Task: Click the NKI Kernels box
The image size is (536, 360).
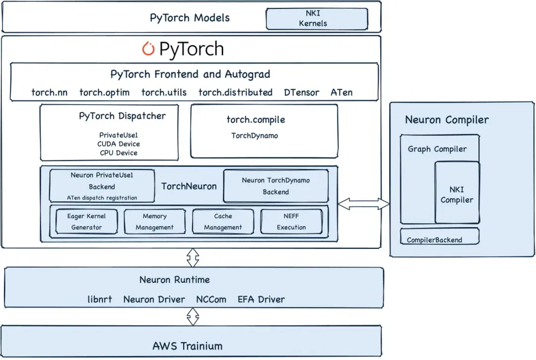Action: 317,19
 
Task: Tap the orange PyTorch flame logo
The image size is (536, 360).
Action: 148,49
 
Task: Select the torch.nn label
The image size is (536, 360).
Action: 49,92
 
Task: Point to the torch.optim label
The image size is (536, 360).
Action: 104,93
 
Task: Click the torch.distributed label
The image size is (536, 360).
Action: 235,92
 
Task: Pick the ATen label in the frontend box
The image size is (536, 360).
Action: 341,92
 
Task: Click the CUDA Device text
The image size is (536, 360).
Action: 119,144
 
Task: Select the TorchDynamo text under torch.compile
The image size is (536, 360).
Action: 255,135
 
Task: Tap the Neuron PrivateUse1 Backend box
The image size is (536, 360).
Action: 102,186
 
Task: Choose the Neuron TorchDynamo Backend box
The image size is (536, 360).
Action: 276,186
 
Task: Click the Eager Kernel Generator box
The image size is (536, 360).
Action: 86,221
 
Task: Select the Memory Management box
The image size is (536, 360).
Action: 154,221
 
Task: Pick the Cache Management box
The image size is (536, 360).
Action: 223,221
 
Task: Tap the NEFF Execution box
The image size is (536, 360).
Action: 291,221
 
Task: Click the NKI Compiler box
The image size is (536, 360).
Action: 457,192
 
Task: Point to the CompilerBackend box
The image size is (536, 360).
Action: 440,236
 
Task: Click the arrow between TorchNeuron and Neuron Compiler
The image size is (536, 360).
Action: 364,204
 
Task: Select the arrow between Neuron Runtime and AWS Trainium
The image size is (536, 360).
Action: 193,317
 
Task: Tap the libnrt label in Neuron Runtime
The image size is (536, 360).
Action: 99,299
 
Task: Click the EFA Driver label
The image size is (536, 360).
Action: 261,299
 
